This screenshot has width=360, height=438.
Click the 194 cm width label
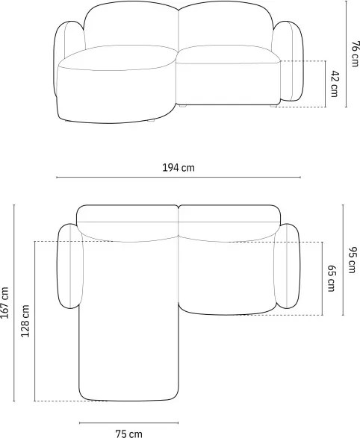pos(179,168)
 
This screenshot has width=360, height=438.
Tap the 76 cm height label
pos(355,54)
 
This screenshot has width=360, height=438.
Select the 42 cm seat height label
pos(334,84)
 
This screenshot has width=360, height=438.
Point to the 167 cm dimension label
pos(4,302)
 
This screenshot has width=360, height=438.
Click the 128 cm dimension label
pos(25,321)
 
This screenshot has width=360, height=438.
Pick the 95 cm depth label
pos(353,260)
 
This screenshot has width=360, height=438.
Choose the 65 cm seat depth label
pos(331,278)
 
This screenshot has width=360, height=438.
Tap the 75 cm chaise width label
pos(129,434)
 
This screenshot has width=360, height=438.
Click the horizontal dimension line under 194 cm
pos(179,177)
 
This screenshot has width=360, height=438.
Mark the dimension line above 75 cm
pos(129,423)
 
